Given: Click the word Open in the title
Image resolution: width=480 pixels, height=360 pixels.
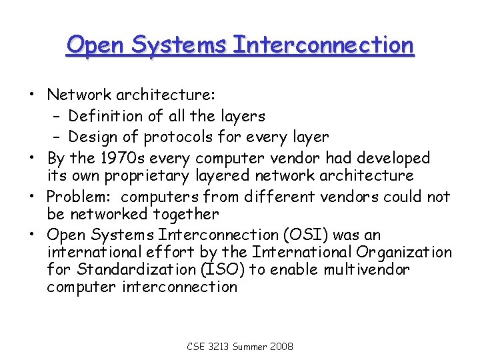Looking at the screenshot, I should [x=95, y=45].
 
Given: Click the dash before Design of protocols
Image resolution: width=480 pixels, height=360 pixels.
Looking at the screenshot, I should [x=57, y=137].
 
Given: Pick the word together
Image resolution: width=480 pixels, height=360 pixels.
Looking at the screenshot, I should [x=188, y=215].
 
